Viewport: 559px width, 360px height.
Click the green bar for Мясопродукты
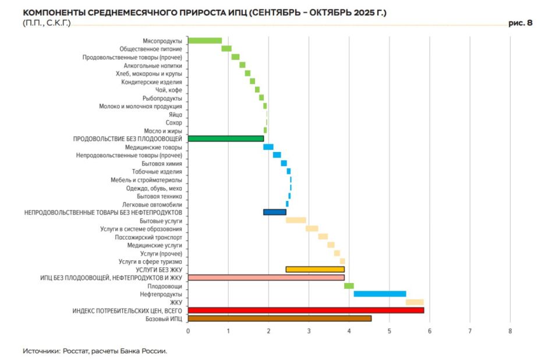pyautogui.click(x=205, y=41)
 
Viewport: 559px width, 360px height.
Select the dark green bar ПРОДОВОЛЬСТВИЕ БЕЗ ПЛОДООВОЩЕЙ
pyautogui.click(x=225, y=139)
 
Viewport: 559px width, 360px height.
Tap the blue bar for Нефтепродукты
pyautogui.click(x=380, y=294)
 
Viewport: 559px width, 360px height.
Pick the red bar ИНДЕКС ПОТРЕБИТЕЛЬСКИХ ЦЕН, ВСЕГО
pyautogui.click(x=306, y=310)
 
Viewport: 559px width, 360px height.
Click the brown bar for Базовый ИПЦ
pyautogui.click(x=279, y=319)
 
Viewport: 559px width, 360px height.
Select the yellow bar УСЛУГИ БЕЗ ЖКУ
pyautogui.click(x=315, y=270)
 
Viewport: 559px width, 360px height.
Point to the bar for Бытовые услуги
pyautogui.click(x=296, y=220)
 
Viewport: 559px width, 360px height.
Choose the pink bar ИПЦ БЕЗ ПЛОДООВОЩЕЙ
pyautogui.click(x=266, y=278)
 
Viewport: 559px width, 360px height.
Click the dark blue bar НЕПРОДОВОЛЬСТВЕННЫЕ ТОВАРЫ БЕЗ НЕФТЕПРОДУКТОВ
pyautogui.click(x=275, y=212)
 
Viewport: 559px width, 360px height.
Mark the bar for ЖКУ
pyautogui.click(x=415, y=302)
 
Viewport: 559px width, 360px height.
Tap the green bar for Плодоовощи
pyautogui.click(x=349, y=286)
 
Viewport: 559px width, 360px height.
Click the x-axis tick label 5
pyautogui.click(x=389, y=331)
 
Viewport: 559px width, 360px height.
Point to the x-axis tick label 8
pyautogui.click(x=510, y=331)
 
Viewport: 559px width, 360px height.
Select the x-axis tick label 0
pyautogui.click(x=188, y=331)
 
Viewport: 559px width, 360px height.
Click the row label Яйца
pyautogui.click(x=175, y=115)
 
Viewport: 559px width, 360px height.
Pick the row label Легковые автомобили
pyautogui.click(x=152, y=204)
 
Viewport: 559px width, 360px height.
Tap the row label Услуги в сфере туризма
pyautogui.click(x=150, y=262)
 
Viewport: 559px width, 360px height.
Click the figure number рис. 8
pyautogui.click(x=521, y=23)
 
